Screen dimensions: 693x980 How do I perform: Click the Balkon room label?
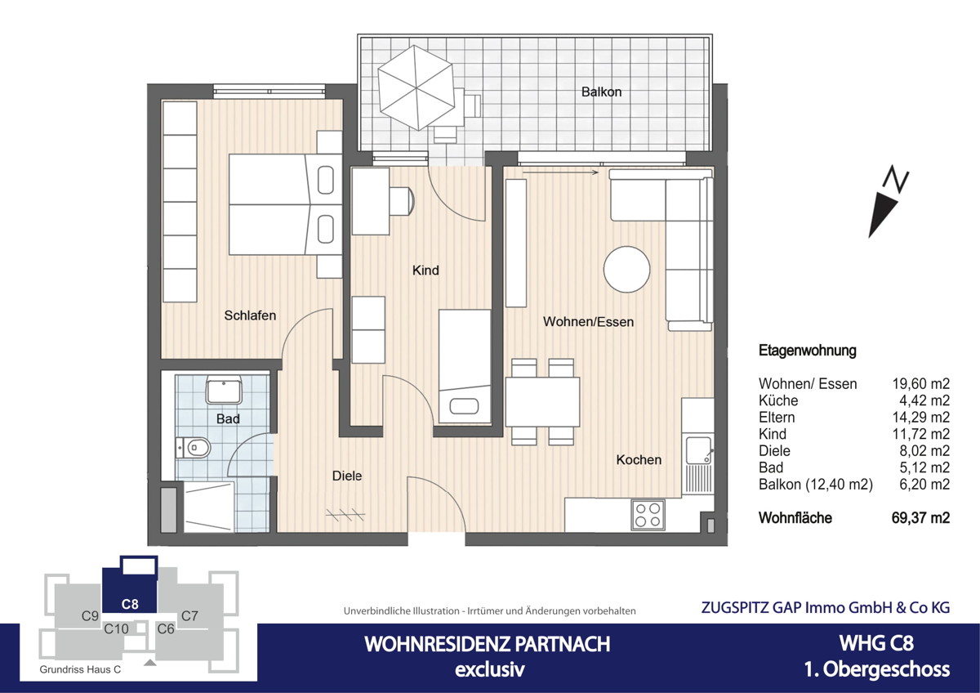pyautogui.click(x=601, y=92)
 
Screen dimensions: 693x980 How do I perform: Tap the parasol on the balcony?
pyautogui.click(x=416, y=86)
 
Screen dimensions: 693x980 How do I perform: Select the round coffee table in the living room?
pyautogui.click(x=627, y=269)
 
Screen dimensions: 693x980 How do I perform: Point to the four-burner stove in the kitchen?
pyautogui.click(x=648, y=515)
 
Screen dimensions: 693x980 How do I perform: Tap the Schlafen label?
pyautogui.click(x=250, y=315)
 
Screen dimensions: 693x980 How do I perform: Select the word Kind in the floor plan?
pyautogui.click(x=425, y=270)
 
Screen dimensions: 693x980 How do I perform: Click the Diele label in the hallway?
pyautogui.click(x=346, y=476)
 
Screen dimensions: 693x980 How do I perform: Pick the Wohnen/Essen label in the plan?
pyautogui.click(x=588, y=322)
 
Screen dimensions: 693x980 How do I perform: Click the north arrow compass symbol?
pyautogui.click(x=888, y=202)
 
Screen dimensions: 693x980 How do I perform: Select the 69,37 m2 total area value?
pyautogui.click(x=922, y=518)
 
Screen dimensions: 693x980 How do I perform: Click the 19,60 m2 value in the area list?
pyautogui.click(x=922, y=384)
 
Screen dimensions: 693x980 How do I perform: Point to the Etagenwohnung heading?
pyautogui.click(x=807, y=351)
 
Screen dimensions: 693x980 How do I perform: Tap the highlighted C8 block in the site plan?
pyautogui.click(x=129, y=584)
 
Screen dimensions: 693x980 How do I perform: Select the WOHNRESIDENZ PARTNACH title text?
pyautogui.click(x=487, y=644)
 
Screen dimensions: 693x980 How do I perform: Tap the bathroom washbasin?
pyautogui.click(x=223, y=391)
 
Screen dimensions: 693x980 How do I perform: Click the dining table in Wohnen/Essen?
pyautogui.click(x=542, y=402)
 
